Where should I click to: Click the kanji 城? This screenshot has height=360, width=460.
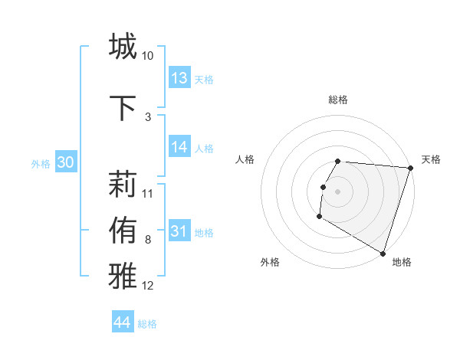[x=123, y=47]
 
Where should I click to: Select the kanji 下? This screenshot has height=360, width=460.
[x=123, y=108]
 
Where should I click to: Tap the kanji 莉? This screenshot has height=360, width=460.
[x=123, y=185]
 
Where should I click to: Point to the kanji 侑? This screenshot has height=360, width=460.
[x=123, y=231]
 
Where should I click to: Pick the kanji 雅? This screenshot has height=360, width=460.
[x=123, y=277]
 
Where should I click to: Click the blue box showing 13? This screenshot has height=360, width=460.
[x=179, y=78]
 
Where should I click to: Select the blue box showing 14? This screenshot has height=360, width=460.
[x=179, y=147]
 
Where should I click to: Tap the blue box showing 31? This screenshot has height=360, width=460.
[x=179, y=231]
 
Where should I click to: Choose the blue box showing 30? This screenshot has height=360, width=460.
[x=65, y=162]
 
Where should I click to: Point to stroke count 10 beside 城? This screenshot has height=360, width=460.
[x=147, y=56]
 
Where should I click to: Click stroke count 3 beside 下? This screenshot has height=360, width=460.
[x=147, y=117]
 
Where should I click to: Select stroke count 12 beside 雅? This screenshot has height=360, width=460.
[x=147, y=286]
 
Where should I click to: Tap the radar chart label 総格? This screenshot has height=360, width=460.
[x=338, y=100]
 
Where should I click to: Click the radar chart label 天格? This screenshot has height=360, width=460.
[x=431, y=159]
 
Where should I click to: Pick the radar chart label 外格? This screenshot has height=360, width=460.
[x=270, y=262]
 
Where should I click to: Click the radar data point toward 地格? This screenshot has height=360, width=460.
[x=382, y=253]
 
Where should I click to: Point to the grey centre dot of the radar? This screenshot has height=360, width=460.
[x=337, y=191]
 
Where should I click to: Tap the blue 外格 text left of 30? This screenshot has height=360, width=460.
[x=41, y=163]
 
